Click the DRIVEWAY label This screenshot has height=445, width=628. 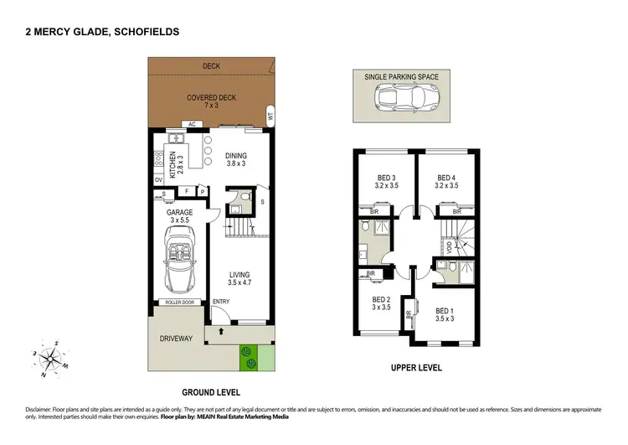tap(177, 339)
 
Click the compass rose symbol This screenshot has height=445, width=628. tap(52, 357)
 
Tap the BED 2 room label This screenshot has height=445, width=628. tap(381, 303)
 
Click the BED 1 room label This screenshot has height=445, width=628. tap(445, 314)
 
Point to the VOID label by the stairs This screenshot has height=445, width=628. tap(449, 247)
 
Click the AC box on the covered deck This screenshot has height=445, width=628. tap(191, 124)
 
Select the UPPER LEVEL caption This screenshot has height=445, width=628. tap(417, 368)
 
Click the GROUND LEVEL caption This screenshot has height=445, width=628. tap(211, 392)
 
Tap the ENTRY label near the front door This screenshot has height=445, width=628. tap(221, 302)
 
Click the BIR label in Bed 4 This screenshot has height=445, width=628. tap(458, 212)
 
